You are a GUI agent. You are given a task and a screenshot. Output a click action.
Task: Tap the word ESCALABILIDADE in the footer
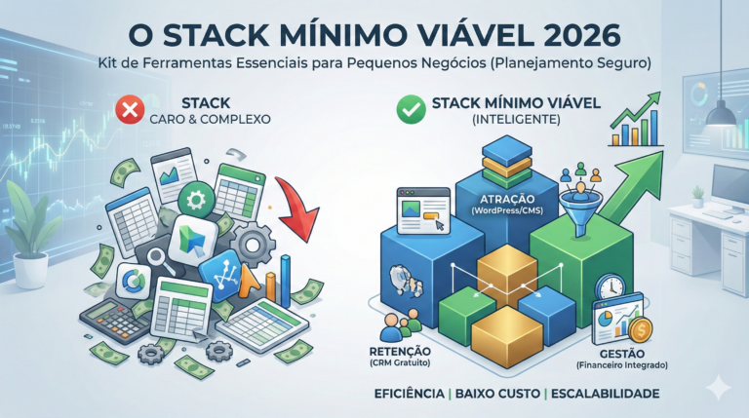click(604, 394)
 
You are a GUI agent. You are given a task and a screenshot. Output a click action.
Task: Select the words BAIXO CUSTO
click(503, 394)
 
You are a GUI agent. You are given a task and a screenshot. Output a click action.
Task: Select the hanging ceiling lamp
click(720, 111)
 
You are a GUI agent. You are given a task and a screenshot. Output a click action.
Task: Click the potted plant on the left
click(31, 229)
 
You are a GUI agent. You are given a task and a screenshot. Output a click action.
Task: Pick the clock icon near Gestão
click(611, 287)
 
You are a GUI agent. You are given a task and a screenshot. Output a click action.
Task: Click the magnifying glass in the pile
click(158, 259)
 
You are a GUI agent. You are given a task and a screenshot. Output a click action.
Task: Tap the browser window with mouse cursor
click(419, 210)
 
